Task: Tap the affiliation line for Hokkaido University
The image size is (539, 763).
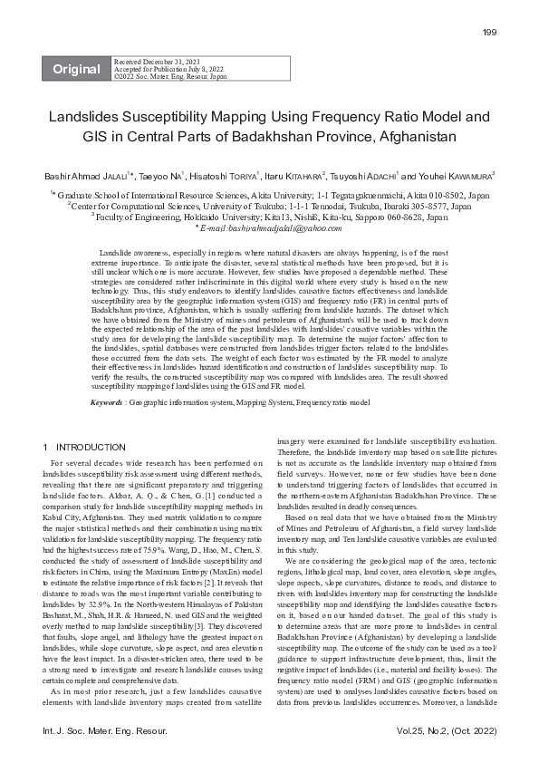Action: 269,218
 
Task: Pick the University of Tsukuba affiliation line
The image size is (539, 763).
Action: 269,206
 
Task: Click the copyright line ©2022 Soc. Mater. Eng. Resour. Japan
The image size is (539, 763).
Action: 170,77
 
